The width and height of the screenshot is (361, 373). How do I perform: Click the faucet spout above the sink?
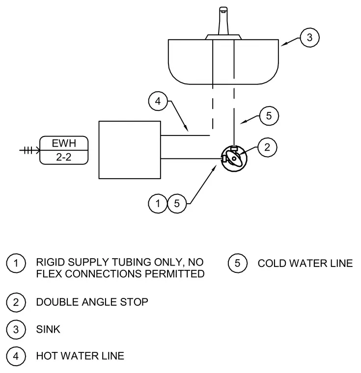[223, 21]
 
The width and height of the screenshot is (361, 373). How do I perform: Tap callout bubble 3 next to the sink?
[309, 38]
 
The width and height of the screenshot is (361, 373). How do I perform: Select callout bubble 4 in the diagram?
[158, 101]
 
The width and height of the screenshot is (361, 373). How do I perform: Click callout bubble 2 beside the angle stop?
[267, 147]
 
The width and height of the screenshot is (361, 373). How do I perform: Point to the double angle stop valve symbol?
[234, 159]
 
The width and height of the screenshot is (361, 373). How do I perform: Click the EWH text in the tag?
[64, 143]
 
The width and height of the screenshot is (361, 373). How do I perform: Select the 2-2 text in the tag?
[63, 157]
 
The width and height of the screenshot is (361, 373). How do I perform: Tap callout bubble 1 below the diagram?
[158, 204]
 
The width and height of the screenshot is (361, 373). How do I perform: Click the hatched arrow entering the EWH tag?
[29, 150]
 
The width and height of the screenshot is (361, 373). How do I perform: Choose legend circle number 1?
[16, 263]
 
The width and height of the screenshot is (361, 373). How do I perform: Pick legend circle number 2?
[16, 302]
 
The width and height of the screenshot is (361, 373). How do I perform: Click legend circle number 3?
[16, 329]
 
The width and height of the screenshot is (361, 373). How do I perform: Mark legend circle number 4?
[16, 356]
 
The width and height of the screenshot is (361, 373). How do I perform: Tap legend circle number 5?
[237, 263]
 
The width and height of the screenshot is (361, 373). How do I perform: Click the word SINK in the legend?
[48, 329]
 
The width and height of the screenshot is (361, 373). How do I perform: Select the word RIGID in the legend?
[50, 262]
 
